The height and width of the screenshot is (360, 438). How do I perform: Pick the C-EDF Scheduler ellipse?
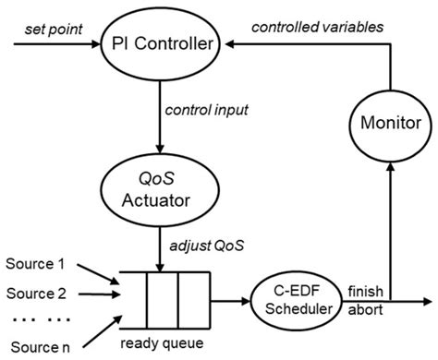coord(294,299)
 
